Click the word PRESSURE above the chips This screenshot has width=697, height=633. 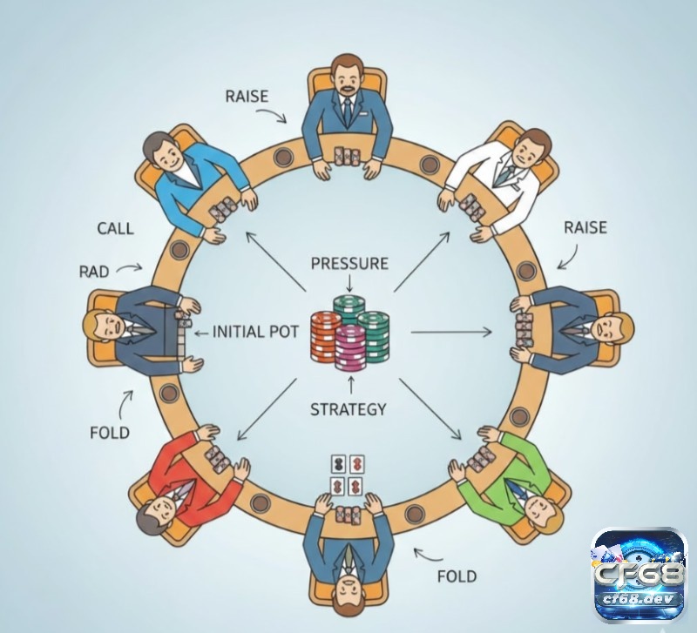[349, 264]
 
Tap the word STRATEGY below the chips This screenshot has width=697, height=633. [348, 409]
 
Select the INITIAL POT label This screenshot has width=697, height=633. [255, 332]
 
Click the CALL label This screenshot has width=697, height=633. [116, 229]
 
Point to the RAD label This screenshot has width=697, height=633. [94, 272]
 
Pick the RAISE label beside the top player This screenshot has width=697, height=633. [247, 97]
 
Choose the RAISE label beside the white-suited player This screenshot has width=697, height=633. [585, 227]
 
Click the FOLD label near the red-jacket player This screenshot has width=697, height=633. [110, 432]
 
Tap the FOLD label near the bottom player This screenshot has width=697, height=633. [457, 576]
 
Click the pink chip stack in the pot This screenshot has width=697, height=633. [350, 347]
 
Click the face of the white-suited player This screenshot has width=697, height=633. [529, 150]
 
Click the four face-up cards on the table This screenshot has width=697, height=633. [347, 475]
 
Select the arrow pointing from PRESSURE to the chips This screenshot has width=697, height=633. [349, 283]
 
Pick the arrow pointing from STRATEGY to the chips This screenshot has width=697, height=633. [351, 386]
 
